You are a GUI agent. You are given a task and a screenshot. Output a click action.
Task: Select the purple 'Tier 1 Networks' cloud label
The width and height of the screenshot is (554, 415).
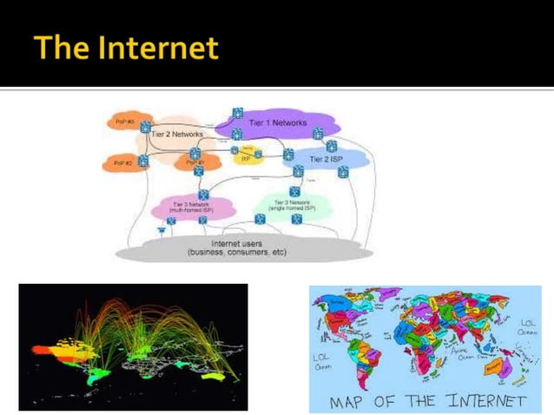pos(278,123)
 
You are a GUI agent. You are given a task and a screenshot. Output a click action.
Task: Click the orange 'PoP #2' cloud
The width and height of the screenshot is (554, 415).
pos(122,162)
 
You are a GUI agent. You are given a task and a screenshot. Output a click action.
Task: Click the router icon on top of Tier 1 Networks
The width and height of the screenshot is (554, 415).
pos(237,114)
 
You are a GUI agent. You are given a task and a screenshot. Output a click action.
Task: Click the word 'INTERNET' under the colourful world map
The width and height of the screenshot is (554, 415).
pos(489,400)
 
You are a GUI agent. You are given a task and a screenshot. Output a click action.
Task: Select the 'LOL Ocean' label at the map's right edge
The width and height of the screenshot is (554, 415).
pos(527,326)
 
